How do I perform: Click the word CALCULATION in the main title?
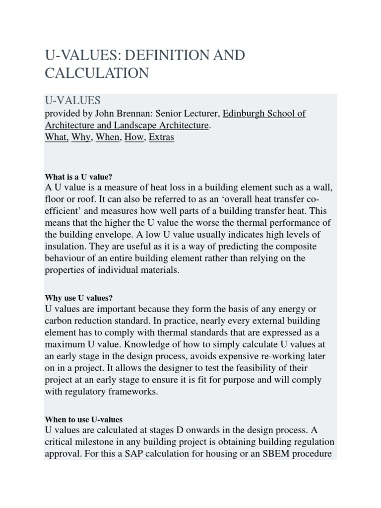point(97,73)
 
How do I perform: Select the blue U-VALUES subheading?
point(72,101)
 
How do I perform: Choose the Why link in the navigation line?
point(81,137)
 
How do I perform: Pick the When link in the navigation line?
point(108,137)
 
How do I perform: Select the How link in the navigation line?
point(134,137)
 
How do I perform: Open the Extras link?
point(161,137)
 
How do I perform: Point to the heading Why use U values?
point(79,298)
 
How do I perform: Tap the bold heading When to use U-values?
point(84,419)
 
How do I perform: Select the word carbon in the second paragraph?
point(59,320)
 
